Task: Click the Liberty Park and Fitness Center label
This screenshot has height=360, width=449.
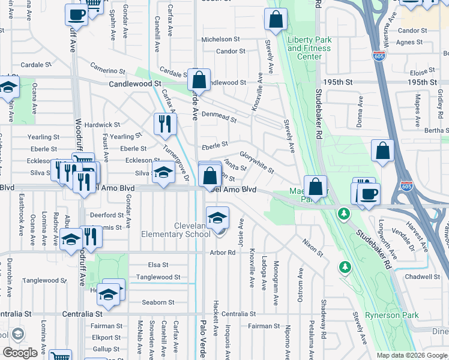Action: pyautogui.click(x=309, y=49)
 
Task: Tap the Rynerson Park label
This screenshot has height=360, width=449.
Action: pyautogui.click(x=418, y=316)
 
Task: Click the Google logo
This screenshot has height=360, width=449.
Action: pyautogui.click(x=20, y=352)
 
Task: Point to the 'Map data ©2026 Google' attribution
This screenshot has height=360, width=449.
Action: pyautogui.click(x=411, y=355)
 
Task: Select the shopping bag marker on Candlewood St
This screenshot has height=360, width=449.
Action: pyautogui.click(x=199, y=79)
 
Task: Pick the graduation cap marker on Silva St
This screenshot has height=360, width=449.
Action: pyautogui.click(x=163, y=173)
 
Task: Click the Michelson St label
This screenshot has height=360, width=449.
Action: pyautogui.click(x=220, y=39)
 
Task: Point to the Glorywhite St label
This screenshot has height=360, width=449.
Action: pyautogui.click(x=257, y=162)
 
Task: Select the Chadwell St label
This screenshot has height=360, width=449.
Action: pyautogui.click(x=422, y=277)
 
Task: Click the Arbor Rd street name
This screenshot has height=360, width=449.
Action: pyautogui.click(x=222, y=253)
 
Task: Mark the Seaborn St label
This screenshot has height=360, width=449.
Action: pyautogui.click(x=158, y=302)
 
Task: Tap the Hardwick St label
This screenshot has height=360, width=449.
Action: pyautogui.click(x=102, y=125)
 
